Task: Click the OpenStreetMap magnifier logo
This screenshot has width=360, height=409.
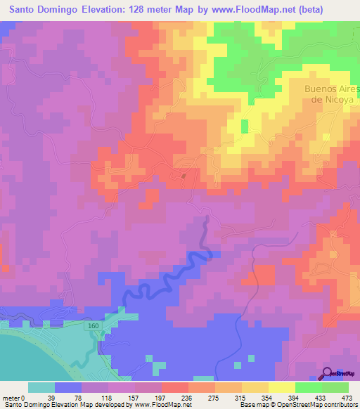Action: [x=328, y=373]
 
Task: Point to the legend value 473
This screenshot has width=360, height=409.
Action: [x=347, y=397]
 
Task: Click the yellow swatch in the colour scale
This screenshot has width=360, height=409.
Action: [x=281, y=387]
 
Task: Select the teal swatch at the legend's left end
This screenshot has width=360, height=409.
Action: [x=41, y=387]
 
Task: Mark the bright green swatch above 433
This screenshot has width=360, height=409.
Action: [x=308, y=387]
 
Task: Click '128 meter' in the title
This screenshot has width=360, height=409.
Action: [x=157, y=9]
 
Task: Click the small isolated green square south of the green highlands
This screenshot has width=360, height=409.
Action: [x=244, y=126]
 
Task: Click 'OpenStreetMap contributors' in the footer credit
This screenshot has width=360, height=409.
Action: [x=319, y=405]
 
